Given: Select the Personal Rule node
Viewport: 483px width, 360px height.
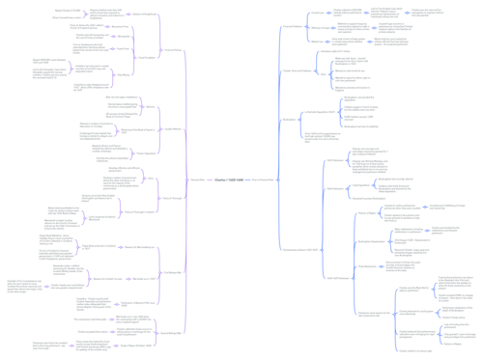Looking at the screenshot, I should tap(197, 180).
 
